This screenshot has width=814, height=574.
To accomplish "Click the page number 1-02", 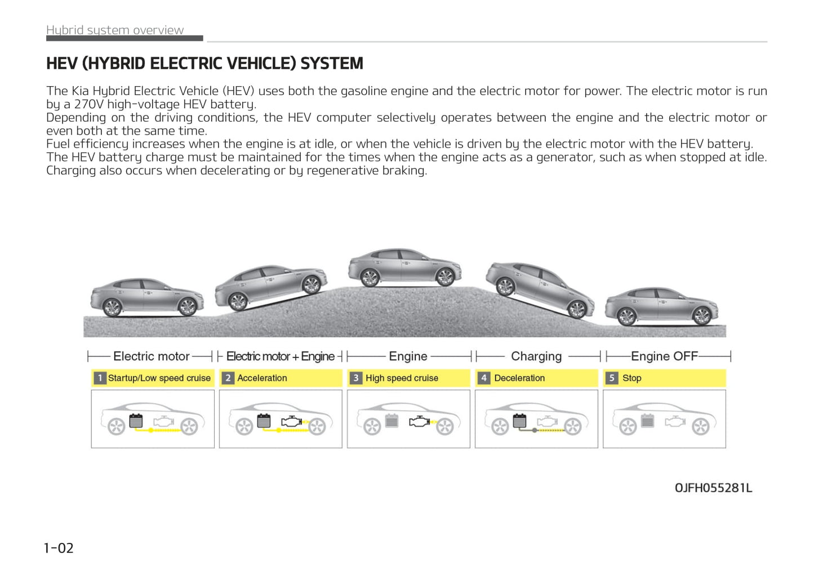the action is pyautogui.click(x=59, y=548).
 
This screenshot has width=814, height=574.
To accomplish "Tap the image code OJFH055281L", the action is pyautogui.click(x=713, y=488).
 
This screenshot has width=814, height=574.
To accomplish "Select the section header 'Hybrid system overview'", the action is pyautogui.click(x=115, y=30).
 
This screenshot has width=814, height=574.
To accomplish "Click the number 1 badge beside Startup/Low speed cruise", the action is pyautogui.click(x=100, y=378).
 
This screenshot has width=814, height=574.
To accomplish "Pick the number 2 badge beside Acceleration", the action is pyautogui.click(x=228, y=378).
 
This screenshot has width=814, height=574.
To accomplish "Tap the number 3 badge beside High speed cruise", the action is pyautogui.click(x=356, y=378).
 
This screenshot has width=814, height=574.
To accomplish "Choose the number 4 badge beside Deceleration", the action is pyautogui.click(x=484, y=378).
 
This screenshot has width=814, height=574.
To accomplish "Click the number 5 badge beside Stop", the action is pyautogui.click(x=612, y=378).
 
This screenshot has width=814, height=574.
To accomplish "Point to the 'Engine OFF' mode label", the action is pyautogui.click(x=664, y=356).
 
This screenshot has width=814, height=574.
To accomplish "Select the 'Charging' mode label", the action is pyautogui.click(x=536, y=356).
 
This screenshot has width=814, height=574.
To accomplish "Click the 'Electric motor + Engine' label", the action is pyautogui.click(x=280, y=356).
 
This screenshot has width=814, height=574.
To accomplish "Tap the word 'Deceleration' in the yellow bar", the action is pyautogui.click(x=519, y=378).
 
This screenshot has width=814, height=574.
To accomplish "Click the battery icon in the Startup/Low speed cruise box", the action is pyautogui.click(x=136, y=421).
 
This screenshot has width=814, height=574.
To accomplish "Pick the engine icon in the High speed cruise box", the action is pyautogui.click(x=419, y=421).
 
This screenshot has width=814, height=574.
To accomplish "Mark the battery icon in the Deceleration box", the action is pyautogui.click(x=519, y=421).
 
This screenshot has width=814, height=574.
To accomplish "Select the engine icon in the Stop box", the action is pyautogui.click(x=675, y=421).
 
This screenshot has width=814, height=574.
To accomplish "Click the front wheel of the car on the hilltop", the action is pyautogui.click(x=445, y=277).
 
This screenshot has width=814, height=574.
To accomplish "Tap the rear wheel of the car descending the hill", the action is pyautogui.click(x=505, y=287).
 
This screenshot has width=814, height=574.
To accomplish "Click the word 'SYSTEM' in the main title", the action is pyautogui.click(x=332, y=63).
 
